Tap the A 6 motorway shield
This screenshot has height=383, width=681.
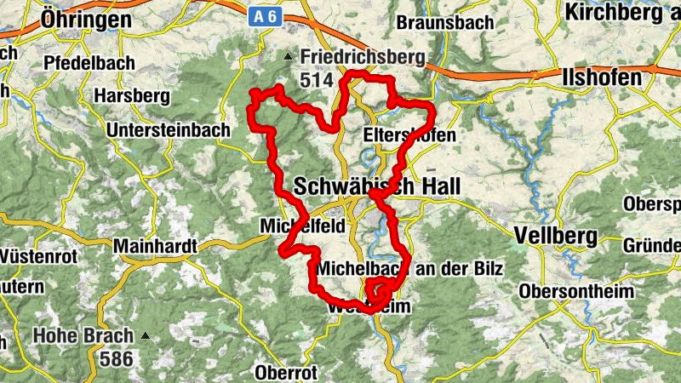pos(266,15)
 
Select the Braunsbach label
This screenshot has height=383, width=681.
pos(444,22)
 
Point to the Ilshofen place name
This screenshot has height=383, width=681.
pos(602,78)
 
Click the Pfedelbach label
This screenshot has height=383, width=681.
pos(87,63)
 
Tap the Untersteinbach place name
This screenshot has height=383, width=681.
pos(169,130)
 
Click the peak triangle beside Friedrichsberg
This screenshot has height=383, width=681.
pos(288,58)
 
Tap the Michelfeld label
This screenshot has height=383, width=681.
pos(290,226)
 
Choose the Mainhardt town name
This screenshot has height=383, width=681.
pos(154,247)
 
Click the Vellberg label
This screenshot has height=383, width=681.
pos(550,233)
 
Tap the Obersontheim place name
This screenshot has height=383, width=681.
pos(578,292)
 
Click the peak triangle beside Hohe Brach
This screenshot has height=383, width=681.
pos(146,335)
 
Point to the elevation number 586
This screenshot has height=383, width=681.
pos(116,358)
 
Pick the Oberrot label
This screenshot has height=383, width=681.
pos(286,372)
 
